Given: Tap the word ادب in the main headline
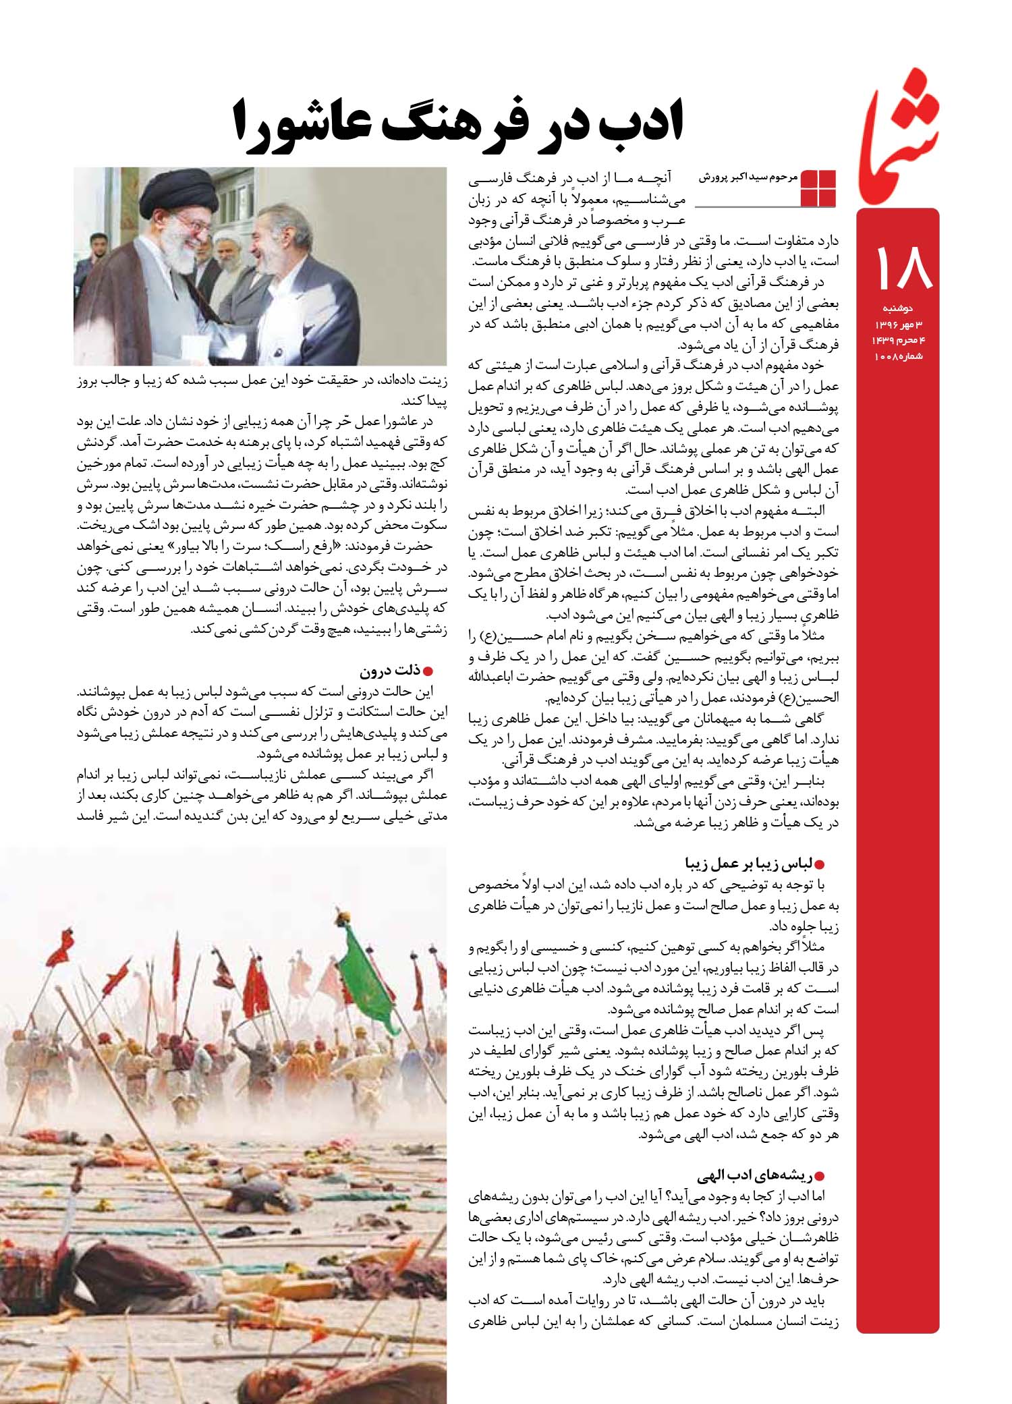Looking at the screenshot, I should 631,122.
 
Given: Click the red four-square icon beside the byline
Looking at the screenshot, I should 818,188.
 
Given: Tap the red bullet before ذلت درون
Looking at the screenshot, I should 426,672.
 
